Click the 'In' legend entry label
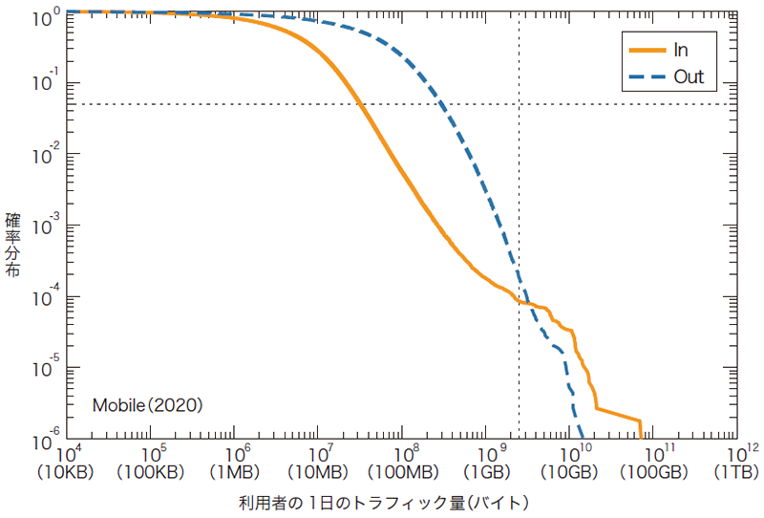click(x=681, y=49)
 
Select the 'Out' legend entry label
click(x=689, y=76)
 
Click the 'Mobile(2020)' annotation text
click(x=148, y=405)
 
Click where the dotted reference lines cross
click(x=519, y=104)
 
